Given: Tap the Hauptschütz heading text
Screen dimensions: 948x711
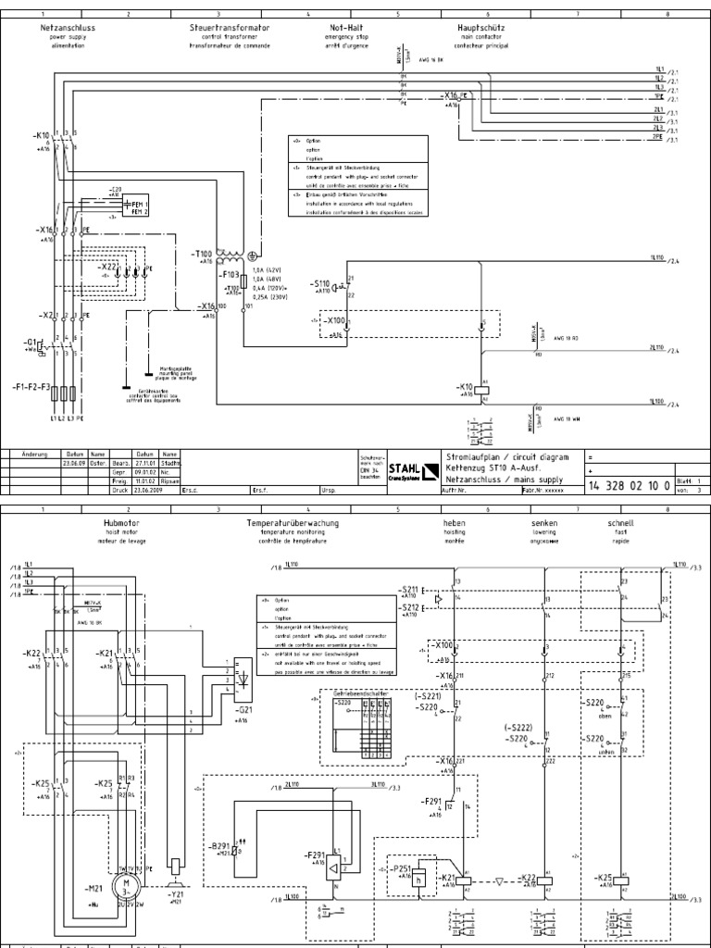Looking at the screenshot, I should [x=480, y=28].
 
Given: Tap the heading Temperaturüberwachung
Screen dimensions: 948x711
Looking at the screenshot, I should [x=292, y=523].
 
